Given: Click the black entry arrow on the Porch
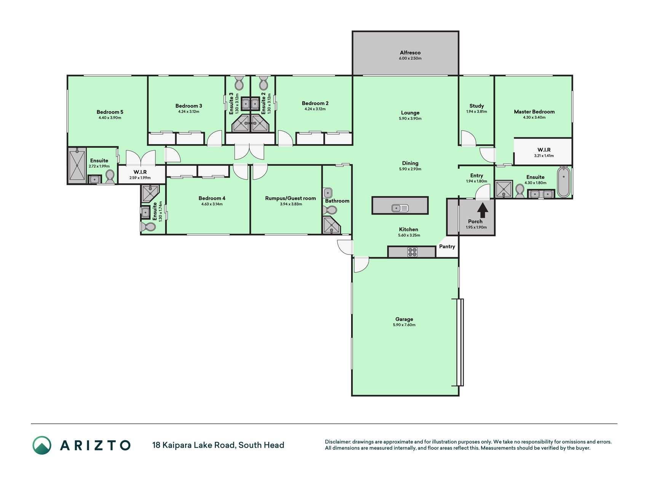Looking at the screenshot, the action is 482,210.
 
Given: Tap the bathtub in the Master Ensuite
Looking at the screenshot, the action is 564,182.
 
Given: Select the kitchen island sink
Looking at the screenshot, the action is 400,208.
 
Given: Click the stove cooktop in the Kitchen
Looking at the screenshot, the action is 412,252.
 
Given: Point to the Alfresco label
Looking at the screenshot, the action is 410,53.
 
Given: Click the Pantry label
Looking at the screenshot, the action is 447,247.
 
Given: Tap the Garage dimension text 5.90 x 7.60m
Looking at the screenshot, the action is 404,325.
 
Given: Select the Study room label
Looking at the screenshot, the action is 477,106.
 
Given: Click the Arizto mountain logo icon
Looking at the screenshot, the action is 42,445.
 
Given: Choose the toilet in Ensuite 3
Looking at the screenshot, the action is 239,83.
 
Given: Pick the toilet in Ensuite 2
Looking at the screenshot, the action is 263,83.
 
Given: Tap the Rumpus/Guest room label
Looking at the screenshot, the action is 291,198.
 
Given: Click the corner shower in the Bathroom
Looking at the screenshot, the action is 332,225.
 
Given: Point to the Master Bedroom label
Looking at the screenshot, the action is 534,111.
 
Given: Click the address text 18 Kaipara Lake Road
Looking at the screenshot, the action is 194,445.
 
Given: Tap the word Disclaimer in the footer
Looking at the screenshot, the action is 337,442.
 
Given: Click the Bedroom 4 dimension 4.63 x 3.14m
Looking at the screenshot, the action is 212,204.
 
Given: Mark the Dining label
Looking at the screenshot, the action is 410,163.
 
